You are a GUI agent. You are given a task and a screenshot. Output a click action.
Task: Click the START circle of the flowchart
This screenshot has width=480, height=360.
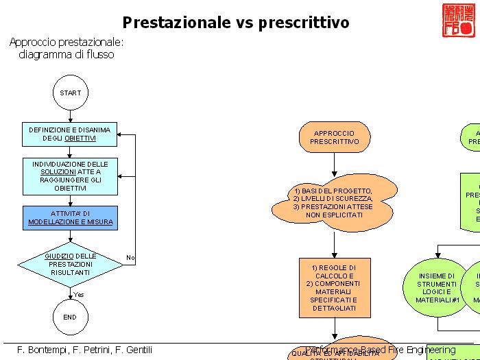pyautogui.click(x=70, y=93)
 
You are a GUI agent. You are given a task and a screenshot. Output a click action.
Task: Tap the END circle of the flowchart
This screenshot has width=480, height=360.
pyautogui.click(x=70, y=317)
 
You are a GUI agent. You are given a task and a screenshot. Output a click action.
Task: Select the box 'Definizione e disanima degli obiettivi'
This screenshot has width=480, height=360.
pyautogui.click(x=70, y=134)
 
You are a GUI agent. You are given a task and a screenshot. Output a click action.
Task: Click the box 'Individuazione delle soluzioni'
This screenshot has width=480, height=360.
pyautogui.click(x=70, y=176)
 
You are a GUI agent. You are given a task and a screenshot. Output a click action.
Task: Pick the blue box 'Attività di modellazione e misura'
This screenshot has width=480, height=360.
pyautogui.click(x=70, y=217)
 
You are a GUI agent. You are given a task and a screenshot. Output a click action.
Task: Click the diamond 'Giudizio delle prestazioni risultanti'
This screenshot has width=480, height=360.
pyautogui.click(x=70, y=264)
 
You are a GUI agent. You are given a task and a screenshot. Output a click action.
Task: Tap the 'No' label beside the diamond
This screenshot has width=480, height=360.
pyautogui.click(x=130, y=258)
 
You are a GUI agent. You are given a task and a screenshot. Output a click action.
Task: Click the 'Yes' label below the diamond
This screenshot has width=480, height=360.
pyautogui.click(x=79, y=295)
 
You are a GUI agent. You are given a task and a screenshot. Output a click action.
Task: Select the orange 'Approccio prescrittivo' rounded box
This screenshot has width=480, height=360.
pyautogui.click(x=334, y=137)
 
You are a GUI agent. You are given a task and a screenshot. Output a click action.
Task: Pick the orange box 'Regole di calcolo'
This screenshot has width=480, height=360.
pyautogui.click(x=334, y=287)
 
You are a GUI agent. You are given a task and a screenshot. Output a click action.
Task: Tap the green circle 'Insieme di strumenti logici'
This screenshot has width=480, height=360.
pyautogui.click(x=437, y=287)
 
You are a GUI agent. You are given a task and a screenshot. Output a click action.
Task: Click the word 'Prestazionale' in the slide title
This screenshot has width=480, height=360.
pyautogui.click(x=176, y=23)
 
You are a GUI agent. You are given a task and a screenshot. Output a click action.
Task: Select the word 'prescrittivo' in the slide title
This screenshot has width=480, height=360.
pyautogui.click(x=304, y=23)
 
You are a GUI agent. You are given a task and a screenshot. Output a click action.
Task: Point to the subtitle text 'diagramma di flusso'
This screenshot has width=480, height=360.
pyautogui.click(x=67, y=55)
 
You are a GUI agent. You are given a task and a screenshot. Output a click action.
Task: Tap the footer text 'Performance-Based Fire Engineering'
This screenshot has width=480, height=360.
pyautogui.click(x=381, y=350)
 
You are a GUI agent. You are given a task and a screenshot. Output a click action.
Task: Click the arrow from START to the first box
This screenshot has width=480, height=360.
pyautogui.click(x=70, y=117)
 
